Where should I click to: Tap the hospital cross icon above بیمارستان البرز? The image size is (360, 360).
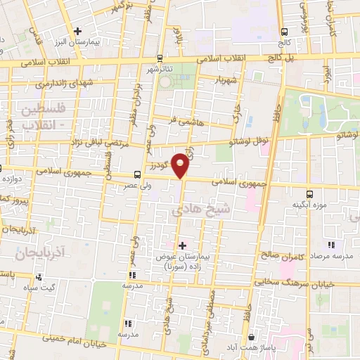[78, 32]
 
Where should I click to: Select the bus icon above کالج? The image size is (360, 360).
[285, 32]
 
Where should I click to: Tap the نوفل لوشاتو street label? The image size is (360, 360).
[247, 141]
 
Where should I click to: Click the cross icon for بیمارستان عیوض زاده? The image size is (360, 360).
[182, 245]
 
